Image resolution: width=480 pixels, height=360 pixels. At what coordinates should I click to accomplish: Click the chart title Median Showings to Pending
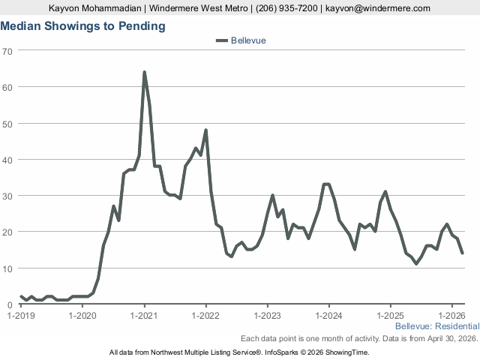tap(83, 26)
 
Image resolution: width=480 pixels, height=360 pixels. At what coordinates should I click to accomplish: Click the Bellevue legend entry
tap(241, 40)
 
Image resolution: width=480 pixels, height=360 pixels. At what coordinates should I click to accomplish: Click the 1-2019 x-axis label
tap(21, 316)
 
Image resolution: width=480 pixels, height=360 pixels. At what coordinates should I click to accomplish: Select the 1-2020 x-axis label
tap(82, 316)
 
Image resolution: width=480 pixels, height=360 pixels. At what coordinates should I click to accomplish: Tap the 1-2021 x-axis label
tap(144, 316)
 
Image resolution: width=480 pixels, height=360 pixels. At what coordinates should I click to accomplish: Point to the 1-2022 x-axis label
tap(205, 316)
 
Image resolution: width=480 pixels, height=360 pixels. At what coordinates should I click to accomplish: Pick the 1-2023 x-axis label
tap(268, 316)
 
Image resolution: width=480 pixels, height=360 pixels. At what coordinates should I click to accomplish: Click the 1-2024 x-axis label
tap(329, 316)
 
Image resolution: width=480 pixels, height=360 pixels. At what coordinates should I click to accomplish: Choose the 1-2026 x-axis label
tap(451, 316)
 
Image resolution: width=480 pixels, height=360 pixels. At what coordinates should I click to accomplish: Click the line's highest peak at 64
tap(144, 72)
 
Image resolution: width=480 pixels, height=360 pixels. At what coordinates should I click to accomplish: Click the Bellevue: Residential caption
tap(436, 326)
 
